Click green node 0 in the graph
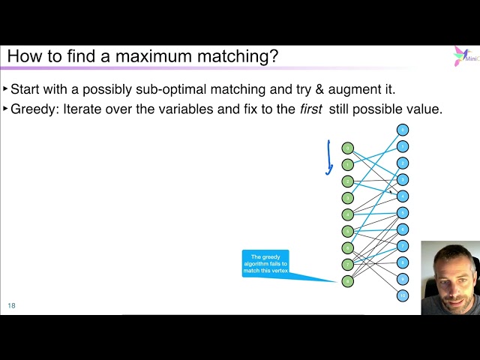click(x=347, y=148)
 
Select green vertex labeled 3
click(x=347, y=198)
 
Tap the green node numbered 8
click(x=347, y=281)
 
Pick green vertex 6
click(x=347, y=247)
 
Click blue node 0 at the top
click(x=403, y=130)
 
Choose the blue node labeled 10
click(x=403, y=295)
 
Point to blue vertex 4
click(x=403, y=196)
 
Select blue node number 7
click(x=403, y=246)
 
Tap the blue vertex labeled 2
click(x=403, y=163)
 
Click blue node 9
click(x=403, y=279)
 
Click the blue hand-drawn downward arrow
click(x=328, y=157)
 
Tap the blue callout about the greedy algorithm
click(x=265, y=263)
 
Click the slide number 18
click(x=11, y=305)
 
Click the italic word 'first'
click(x=310, y=109)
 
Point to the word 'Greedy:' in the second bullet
click(x=33, y=109)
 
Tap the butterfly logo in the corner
click(x=460, y=55)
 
